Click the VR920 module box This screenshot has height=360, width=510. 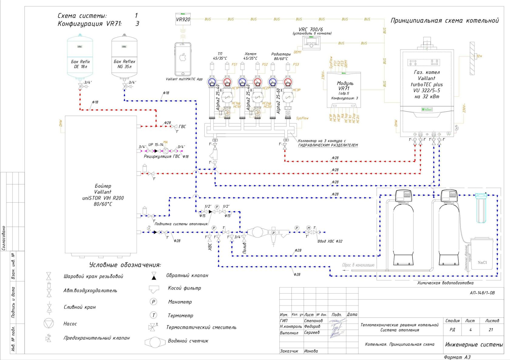tap(183, 19)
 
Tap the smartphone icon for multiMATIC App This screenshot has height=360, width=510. tap(183, 59)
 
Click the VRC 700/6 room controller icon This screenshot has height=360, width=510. tap(311, 42)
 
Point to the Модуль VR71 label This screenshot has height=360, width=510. tap(345, 86)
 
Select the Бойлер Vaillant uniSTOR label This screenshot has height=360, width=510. tap(103, 195)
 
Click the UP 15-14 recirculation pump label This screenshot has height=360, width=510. tap(156, 145)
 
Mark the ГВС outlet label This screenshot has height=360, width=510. tap(182, 127)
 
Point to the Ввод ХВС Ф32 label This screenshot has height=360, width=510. tap(330, 241)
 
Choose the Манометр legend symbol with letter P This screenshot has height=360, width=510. tap(154, 302)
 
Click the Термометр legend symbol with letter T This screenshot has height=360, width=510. tap(154, 315)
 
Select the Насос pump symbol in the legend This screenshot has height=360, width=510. tap(49, 323)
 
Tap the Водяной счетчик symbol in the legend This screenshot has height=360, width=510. tap(155, 342)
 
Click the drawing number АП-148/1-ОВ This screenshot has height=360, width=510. tap(482, 293)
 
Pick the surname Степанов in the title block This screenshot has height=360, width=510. tap(313, 321)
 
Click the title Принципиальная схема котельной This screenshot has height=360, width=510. tap(444, 21)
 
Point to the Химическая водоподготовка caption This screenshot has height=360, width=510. tap(445, 283)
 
